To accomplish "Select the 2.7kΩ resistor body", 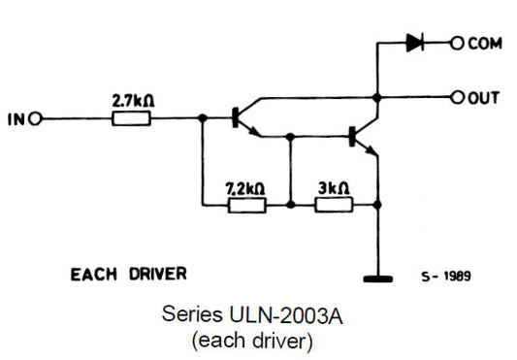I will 131,119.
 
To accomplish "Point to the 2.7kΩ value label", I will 131,100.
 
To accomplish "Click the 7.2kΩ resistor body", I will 246,206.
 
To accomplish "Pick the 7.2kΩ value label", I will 245,188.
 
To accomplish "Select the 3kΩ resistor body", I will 334,206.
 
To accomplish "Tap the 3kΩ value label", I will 334,188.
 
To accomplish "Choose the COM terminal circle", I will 456,44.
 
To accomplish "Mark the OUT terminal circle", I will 456,97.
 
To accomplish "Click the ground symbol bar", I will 378,279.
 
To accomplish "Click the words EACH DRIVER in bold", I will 129,274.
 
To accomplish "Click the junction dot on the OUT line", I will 378,97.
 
